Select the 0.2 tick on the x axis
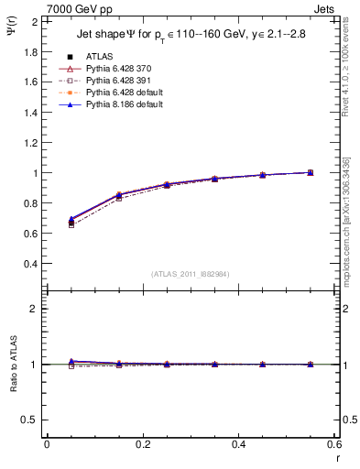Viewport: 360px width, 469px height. [142, 444]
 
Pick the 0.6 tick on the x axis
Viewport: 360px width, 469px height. [334, 444]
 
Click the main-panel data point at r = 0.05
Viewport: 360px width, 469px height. [71, 221]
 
